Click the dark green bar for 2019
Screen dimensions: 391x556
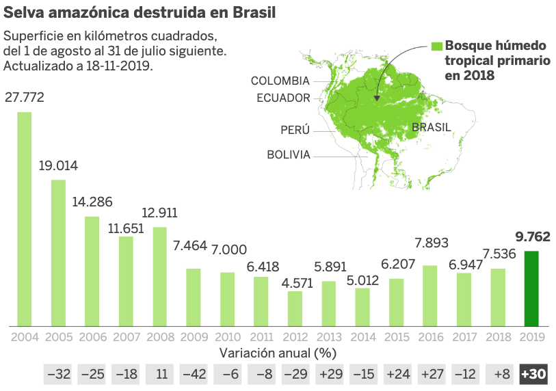(531, 288)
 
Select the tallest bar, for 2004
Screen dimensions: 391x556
(25, 219)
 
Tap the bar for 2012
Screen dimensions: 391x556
(295, 308)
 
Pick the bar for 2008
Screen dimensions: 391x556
(159, 276)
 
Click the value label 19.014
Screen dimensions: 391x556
(58, 166)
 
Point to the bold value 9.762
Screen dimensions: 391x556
(533, 238)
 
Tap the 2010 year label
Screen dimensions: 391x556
(227, 336)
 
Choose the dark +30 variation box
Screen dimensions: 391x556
(533, 374)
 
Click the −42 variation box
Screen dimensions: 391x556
(194, 374)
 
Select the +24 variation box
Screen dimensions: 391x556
(397, 374)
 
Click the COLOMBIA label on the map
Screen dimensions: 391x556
(280, 81)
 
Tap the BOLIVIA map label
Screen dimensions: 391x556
(288, 154)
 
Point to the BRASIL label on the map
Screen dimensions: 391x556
(431, 127)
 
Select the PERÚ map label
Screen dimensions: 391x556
(295, 130)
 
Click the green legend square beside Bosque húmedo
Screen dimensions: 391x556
(437, 46)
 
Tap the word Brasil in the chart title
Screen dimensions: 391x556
(241, 12)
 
